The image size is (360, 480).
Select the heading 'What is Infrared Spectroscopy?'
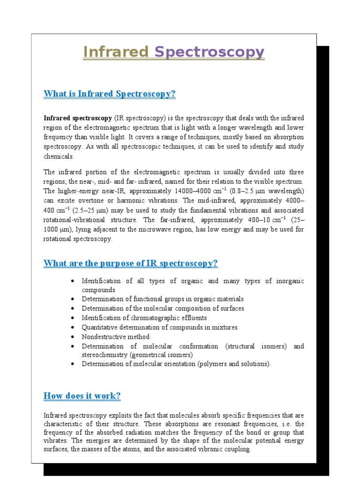109,94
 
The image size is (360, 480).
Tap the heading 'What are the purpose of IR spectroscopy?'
130,263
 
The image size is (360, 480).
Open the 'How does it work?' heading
82,396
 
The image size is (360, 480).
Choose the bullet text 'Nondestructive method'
116,337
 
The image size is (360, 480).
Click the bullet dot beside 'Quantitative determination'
72,327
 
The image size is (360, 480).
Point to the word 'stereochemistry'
104,355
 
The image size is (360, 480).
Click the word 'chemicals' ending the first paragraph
58,156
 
